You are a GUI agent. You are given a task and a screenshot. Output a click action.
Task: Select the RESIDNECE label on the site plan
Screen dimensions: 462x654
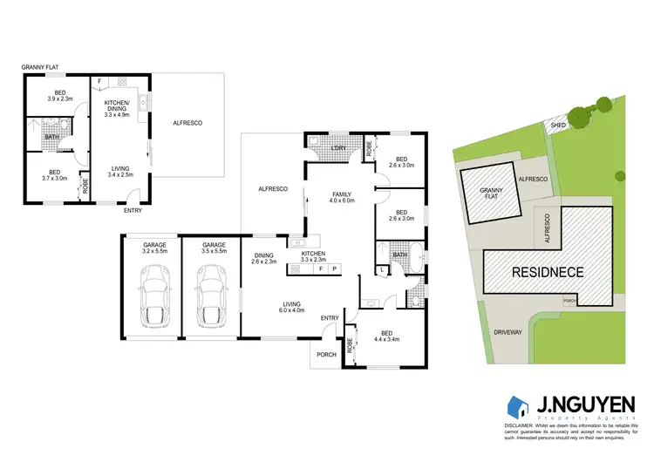547,271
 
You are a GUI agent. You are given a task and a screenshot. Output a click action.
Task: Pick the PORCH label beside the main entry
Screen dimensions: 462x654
326,354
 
